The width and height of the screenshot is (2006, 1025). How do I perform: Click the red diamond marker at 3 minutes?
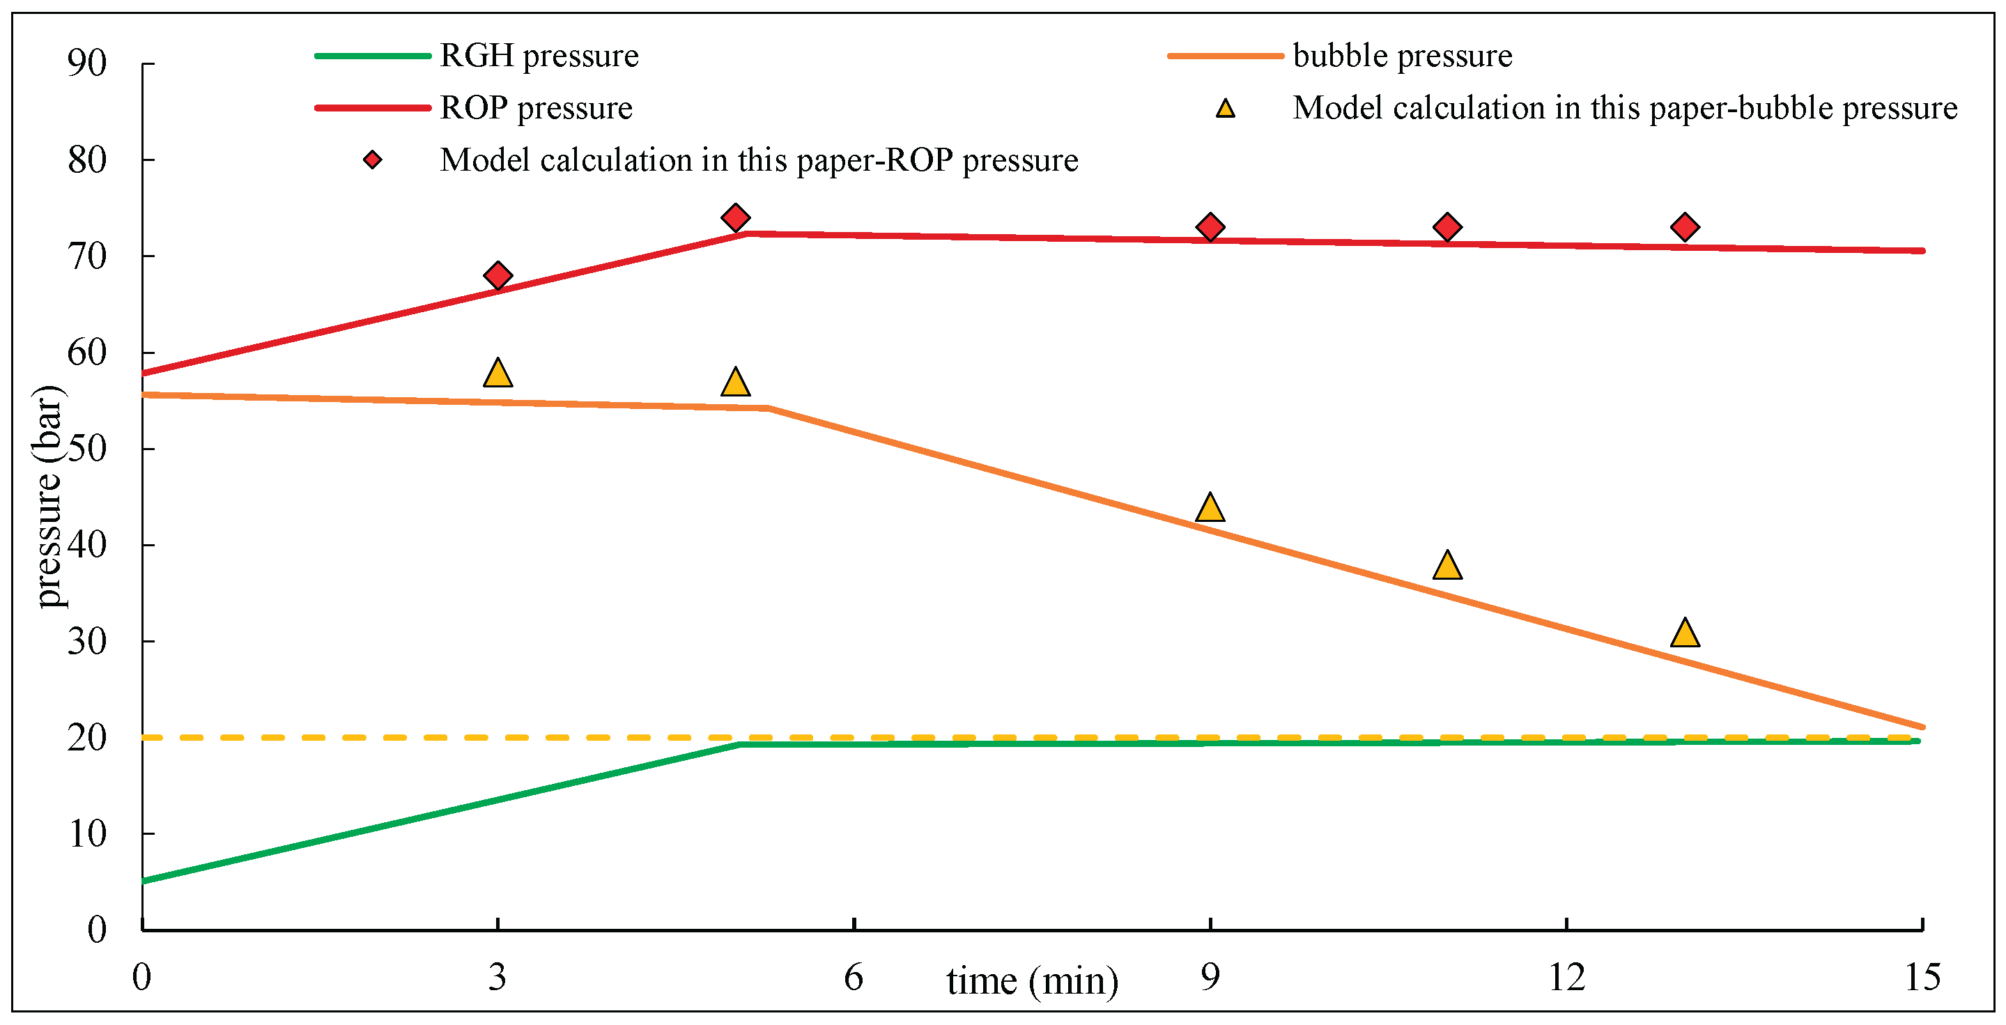pos(497,276)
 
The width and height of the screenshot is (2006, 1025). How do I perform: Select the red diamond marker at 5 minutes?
pos(735,217)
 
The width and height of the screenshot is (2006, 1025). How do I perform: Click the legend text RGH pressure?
pos(539,56)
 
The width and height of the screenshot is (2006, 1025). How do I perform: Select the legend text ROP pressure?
pos(536,107)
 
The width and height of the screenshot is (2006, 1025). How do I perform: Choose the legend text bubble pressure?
pos(1403,56)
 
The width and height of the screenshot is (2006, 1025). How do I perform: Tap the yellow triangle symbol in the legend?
pos(1226,109)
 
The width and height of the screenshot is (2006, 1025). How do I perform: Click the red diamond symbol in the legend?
pos(373,160)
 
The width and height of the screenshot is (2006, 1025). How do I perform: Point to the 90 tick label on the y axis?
pos(86,63)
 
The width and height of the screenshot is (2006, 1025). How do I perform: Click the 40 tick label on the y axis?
pos(86,544)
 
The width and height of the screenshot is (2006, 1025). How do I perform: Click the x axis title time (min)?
pos(1032,981)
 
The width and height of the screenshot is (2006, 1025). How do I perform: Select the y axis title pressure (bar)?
pos(48,496)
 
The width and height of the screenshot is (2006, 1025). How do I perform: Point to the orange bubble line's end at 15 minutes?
pos(1921,727)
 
